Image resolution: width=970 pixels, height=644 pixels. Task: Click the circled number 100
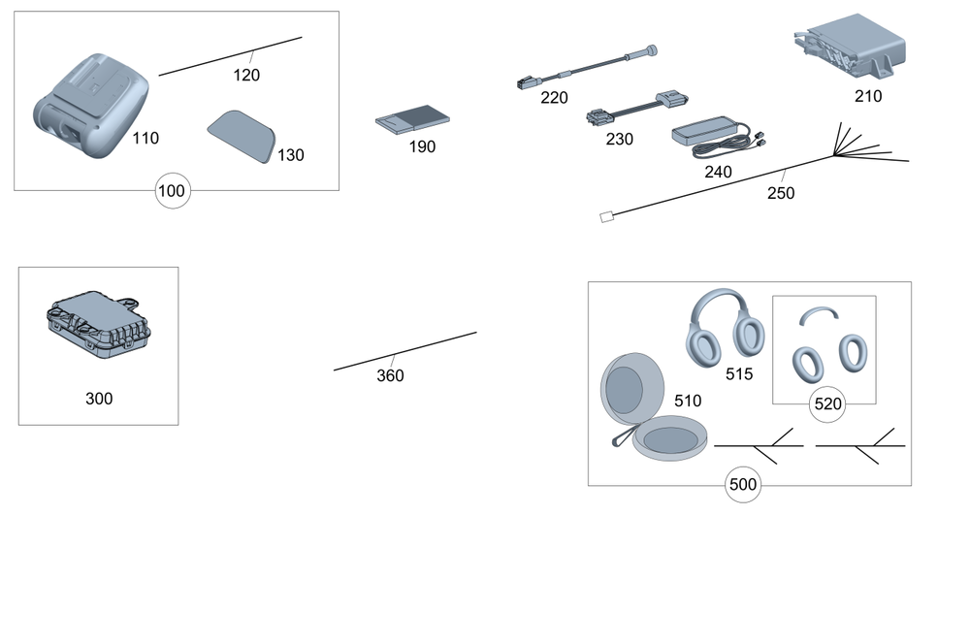[x=172, y=191]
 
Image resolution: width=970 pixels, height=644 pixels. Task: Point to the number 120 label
[x=246, y=75]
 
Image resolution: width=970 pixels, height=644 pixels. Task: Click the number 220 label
[x=554, y=98]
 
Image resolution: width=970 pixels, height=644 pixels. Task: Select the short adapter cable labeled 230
[x=634, y=108]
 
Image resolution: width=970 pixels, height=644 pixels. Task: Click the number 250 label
[x=780, y=193]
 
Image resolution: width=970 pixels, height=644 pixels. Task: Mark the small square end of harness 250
[x=606, y=217]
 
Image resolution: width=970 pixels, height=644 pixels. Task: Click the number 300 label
[x=99, y=398]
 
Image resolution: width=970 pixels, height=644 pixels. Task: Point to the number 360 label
[x=390, y=375]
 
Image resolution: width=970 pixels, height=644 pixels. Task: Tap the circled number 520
[x=827, y=404]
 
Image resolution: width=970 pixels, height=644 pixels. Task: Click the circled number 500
[x=742, y=485]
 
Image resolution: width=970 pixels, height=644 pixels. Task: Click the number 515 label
[x=739, y=373]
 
